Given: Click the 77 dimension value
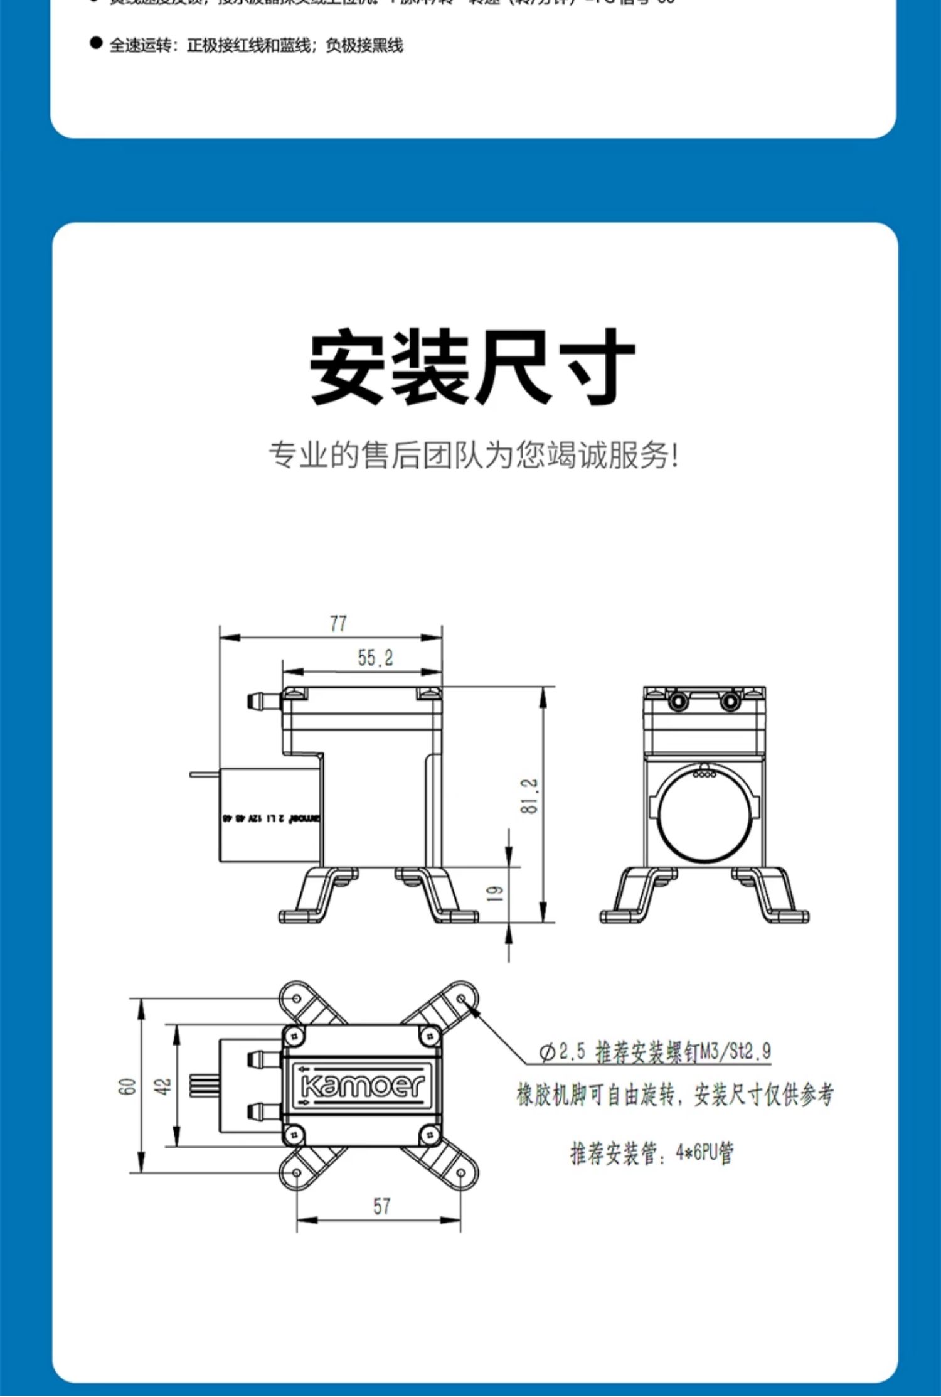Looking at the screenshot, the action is (x=338, y=623).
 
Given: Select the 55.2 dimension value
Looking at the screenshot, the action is (x=375, y=658).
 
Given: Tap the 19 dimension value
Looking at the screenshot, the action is (x=495, y=894).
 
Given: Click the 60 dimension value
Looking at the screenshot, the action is (x=127, y=1086).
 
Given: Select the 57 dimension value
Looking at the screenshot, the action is (x=381, y=1206).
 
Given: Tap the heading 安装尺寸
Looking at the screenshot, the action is (x=472, y=367).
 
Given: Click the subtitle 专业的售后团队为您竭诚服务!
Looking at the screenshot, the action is (x=474, y=455).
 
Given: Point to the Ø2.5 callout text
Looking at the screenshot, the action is (x=655, y=1051).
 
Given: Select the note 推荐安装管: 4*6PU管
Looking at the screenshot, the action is (x=651, y=1153).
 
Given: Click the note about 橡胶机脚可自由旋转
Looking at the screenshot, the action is (x=675, y=1095).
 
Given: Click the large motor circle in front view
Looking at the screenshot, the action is (x=705, y=814).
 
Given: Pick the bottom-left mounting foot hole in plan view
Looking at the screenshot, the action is (x=297, y=1172).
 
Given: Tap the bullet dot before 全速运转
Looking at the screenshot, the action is (x=96, y=43).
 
